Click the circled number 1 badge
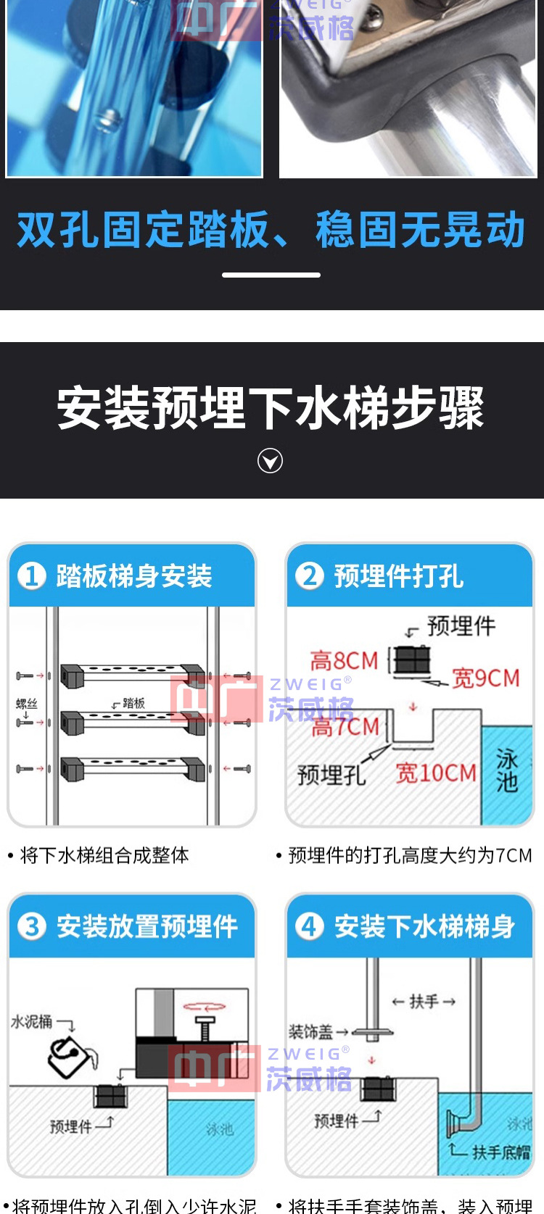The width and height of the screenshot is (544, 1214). [31, 576]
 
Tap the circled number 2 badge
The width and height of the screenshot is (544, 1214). [309, 576]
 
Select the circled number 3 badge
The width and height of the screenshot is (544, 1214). [31, 926]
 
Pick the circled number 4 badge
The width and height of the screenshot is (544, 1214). [309, 926]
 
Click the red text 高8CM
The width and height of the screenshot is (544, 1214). [345, 661]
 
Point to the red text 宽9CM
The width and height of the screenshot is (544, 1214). [486, 678]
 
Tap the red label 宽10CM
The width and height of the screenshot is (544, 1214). [435, 773]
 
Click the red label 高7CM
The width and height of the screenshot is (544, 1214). [345, 726]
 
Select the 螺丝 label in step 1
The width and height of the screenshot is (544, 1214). [27, 703]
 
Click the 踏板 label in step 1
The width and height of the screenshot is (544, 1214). [133, 703]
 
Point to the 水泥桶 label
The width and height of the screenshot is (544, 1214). [31, 1021]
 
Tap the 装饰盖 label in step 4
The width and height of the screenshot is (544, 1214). [310, 1031]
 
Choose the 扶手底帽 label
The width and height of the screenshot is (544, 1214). [501, 1152]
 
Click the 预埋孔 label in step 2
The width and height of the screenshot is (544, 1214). [331, 775]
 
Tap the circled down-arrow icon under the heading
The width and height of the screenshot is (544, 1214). [271, 461]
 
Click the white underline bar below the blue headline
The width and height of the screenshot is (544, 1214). [271, 275]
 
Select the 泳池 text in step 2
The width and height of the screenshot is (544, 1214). [507, 770]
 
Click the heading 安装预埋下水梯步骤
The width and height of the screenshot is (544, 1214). [271, 408]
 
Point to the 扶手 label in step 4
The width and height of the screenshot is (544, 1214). [424, 1002]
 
